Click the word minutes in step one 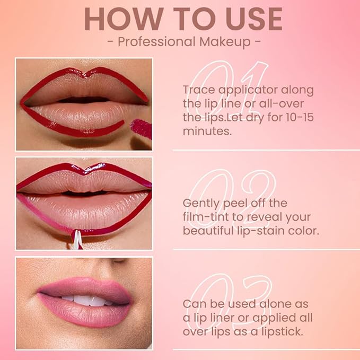(207, 131)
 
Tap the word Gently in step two (203, 203)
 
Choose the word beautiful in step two (208, 231)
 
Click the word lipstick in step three (285, 331)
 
